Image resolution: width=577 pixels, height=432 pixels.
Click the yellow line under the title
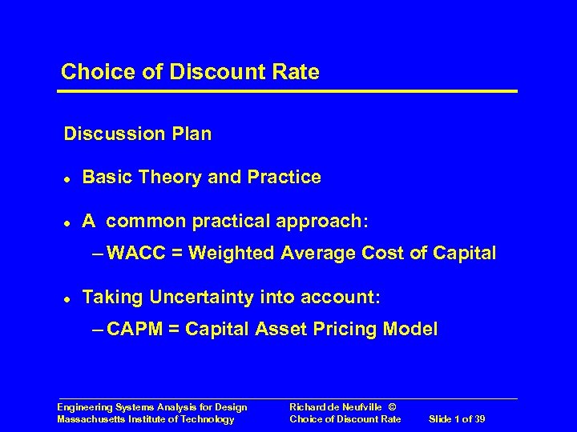tap(288, 91)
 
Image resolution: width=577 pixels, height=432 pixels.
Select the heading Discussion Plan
tap(138, 134)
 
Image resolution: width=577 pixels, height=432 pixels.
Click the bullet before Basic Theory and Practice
tap(67, 178)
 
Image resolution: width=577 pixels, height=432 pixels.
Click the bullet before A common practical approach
tap(67, 222)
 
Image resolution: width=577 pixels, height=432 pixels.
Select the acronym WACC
tap(134, 254)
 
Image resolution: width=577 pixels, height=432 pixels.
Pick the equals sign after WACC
tap(175, 254)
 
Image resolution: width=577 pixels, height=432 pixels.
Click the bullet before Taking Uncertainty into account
tap(67, 298)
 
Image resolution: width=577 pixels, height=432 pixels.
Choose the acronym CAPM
tap(134, 329)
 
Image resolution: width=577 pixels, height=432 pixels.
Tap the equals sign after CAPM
tap(174, 329)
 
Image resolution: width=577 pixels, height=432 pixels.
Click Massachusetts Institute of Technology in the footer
tap(146, 419)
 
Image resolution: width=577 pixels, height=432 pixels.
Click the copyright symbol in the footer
tap(392, 407)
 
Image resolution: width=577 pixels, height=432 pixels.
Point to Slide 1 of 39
tap(457, 419)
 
